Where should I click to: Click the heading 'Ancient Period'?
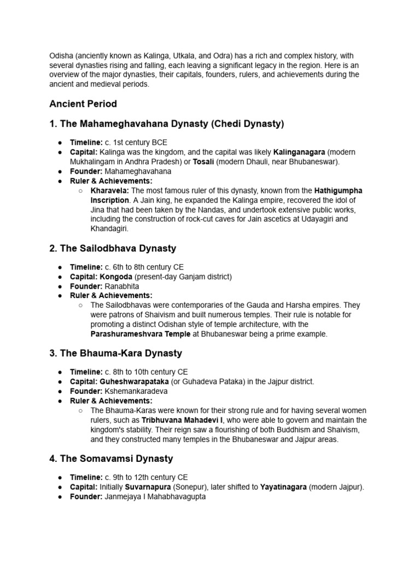pyautogui.click(x=83, y=104)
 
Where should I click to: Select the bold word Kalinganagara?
pyautogui.click(x=299, y=152)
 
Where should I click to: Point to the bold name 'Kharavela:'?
pyautogui.click(x=110, y=191)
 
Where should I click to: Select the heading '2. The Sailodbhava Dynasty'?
pyautogui.click(x=113, y=248)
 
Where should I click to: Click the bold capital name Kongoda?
pyautogui.click(x=116, y=277)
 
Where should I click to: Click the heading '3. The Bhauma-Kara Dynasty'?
pyautogui.click(x=115, y=353)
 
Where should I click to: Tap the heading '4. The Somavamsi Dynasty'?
pyautogui.click(x=111, y=459)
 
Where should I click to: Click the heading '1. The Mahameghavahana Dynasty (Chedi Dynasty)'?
pyautogui.click(x=167, y=124)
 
